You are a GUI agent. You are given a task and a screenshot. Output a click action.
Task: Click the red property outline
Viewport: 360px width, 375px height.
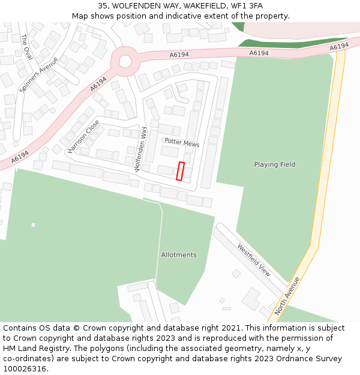(x=180, y=171)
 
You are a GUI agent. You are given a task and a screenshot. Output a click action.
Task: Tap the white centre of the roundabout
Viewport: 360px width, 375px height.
(x=125, y=61)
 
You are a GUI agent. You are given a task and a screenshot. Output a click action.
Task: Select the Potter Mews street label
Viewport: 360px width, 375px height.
(x=182, y=143)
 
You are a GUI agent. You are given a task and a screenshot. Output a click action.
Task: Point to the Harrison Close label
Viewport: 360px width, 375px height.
(x=83, y=136)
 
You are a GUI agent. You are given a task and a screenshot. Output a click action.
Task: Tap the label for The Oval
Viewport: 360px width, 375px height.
(x=26, y=47)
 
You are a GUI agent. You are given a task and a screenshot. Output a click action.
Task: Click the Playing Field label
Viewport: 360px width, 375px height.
(x=275, y=164)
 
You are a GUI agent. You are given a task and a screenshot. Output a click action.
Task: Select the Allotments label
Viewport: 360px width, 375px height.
(x=179, y=255)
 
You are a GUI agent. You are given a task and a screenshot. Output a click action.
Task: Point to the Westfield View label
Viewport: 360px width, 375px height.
(x=254, y=259)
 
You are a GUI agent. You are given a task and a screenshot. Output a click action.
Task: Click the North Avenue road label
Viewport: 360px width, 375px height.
(x=287, y=296)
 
